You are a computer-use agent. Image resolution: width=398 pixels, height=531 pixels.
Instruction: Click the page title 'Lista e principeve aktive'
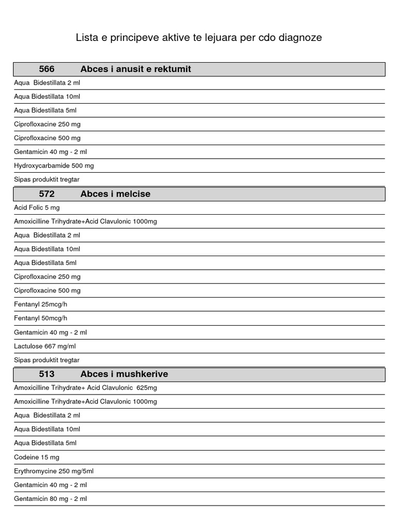point(198,38)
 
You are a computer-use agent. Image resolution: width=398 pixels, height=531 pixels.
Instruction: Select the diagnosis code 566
point(47,69)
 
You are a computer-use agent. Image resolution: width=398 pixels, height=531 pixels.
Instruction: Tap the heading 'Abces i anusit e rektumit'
point(136,69)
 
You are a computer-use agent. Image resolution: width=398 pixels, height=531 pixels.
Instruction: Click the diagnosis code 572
point(47,194)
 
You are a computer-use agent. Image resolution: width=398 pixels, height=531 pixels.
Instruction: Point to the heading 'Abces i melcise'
point(116,194)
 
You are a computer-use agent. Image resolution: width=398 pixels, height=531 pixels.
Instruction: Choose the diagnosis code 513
point(47,374)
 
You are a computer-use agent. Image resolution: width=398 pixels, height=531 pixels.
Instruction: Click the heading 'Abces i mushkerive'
point(124,374)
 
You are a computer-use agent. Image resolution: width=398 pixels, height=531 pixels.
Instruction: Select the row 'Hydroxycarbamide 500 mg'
point(54,166)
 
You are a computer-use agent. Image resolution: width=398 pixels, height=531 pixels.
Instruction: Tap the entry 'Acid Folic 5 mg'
point(37,207)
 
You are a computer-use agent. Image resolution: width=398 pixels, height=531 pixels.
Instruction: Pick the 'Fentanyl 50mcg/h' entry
point(40,318)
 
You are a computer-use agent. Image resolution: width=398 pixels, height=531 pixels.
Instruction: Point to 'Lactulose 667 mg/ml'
point(45,346)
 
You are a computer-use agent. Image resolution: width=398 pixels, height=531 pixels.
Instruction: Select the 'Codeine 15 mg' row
point(37,457)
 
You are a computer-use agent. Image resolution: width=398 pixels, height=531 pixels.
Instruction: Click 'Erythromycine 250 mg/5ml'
point(54,471)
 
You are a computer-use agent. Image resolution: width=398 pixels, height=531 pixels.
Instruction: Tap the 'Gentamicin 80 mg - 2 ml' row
point(51,499)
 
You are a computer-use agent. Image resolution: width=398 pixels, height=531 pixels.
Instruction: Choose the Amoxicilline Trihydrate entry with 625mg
point(86,388)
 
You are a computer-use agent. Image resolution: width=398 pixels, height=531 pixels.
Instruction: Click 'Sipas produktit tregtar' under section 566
point(47,179)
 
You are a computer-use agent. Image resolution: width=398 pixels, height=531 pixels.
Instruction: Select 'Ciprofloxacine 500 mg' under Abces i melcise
point(47,290)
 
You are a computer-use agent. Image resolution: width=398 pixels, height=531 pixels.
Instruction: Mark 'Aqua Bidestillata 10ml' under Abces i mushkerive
point(47,429)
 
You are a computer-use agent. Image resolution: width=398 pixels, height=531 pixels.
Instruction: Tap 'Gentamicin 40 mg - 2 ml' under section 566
point(51,152)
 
